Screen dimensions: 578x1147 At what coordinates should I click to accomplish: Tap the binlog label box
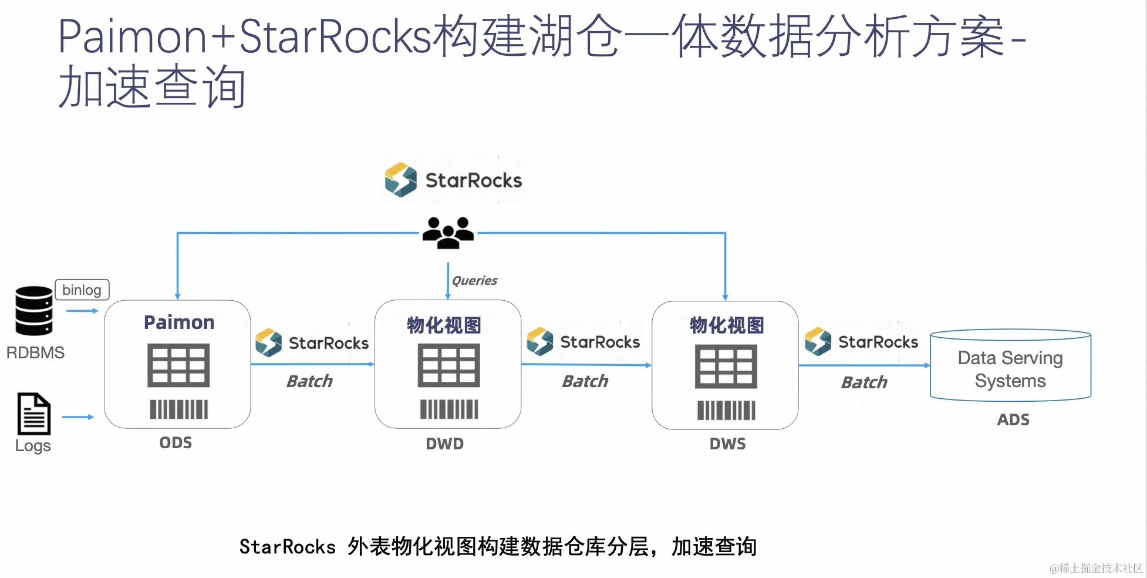[x=82, y=290]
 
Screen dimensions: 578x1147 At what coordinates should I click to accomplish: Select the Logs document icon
[x=34, y=414]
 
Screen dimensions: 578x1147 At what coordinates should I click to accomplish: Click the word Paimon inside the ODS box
[x=179, y=322]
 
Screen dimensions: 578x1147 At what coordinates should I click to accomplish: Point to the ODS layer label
[x=176, y=442]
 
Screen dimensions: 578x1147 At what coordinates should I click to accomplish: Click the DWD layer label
[x=444, y=443]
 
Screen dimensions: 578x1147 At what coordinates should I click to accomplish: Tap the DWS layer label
[x=727, y=443]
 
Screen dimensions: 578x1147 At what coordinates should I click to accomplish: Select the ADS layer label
[x=1013, y=419]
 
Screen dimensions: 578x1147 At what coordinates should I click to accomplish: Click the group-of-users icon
[x=448, y=233]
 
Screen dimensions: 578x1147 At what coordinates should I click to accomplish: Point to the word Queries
[x=474, y=281]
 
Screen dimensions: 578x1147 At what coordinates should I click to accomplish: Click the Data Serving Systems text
[x=1010, y=369]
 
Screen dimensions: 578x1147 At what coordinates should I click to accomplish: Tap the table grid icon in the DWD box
[x=448, y=365]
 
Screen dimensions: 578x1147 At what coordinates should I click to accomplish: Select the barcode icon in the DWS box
[x=726, y=410]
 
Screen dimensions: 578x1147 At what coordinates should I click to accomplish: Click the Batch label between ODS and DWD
[x=309, y=381]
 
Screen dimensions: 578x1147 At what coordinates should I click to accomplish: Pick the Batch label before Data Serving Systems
[x=864, y=382]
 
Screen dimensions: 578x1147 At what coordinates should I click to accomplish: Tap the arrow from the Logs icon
[x=77, y=417]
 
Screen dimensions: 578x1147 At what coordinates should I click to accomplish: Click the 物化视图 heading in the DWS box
[x=727, y=325]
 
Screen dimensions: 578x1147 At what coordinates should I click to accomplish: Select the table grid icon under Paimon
[x=178, y=365]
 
